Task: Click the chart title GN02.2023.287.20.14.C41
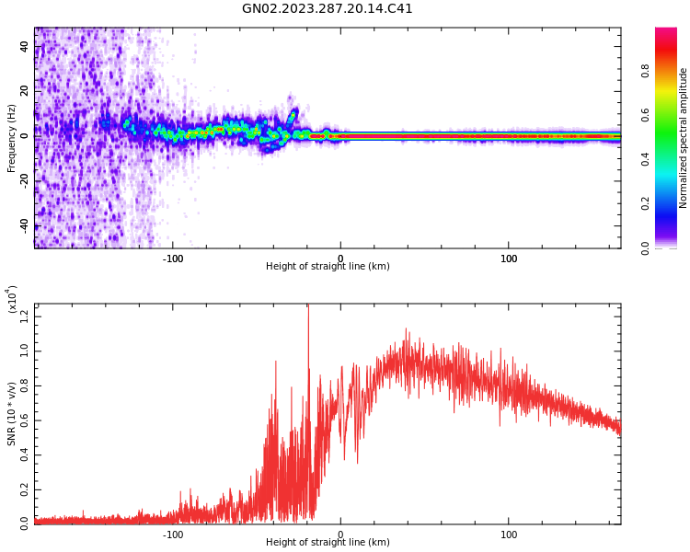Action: [327, 9]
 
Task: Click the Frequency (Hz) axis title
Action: [11, 138]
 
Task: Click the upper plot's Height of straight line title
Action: [328, 267]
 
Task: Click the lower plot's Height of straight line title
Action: [328, 543]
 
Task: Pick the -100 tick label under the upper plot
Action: [172, 259]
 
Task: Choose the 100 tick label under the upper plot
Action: [509, 259]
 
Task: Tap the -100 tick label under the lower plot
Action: [172, 535]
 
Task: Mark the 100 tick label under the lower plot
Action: [509, 535]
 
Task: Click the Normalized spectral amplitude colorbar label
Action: [684, 138]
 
